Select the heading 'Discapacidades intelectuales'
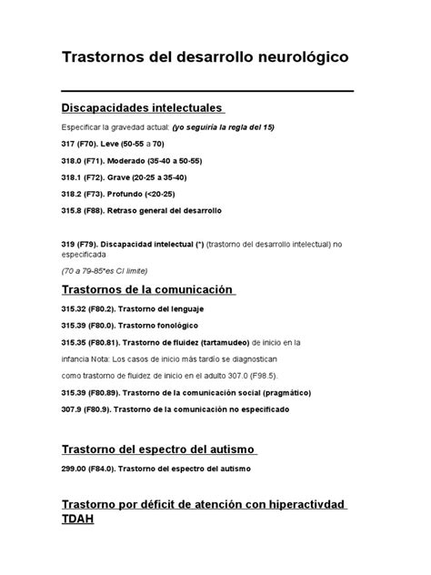point(141,108)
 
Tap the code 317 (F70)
point(81,145)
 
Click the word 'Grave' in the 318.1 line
point(133,177)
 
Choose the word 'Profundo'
point(135,194)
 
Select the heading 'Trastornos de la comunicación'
point(147,290)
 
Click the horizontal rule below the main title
point(206,91)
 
